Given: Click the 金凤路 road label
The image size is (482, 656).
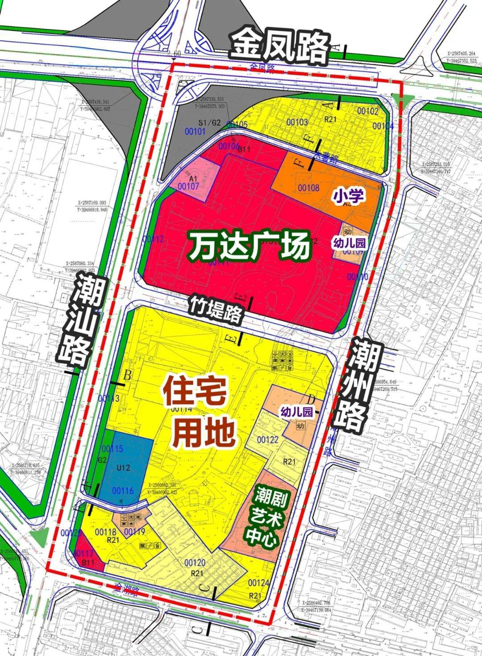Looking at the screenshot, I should click(279, 46).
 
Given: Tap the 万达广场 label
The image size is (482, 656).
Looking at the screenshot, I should click(249, 247).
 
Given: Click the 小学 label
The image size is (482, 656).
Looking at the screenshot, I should click(349, 195).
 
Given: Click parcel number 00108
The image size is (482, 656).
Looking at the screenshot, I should click(308, 188).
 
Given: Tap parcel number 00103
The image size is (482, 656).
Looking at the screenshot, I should click(297, 122).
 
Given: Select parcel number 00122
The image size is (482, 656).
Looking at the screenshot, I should click(267, 440).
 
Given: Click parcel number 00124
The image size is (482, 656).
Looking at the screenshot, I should click(259, 583).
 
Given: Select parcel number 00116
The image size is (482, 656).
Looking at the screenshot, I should click(123, 491).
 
